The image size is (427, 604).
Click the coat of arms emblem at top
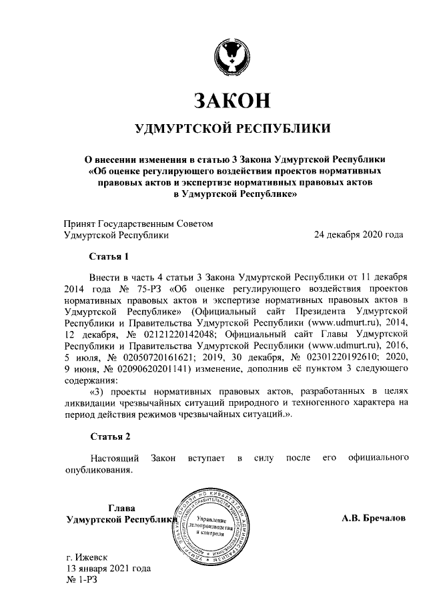tap(232, 57)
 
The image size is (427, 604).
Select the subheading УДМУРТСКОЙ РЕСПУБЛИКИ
tap(232, 128)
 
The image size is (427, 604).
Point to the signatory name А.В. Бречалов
tap(372, 518)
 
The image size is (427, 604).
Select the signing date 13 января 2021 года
tap(107, 568)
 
